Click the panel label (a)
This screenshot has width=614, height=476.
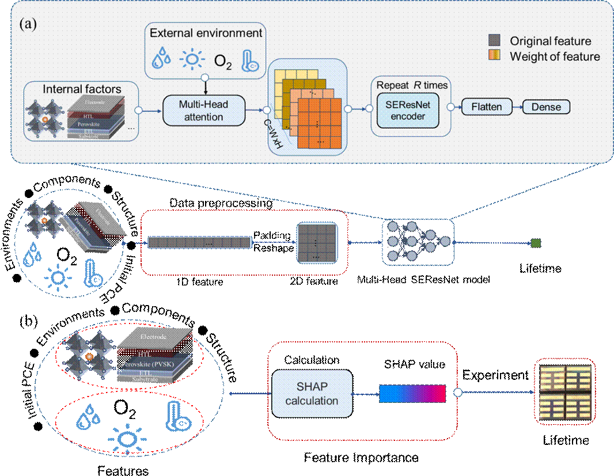29,25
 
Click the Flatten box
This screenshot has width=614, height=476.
487,106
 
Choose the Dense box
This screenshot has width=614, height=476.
546,106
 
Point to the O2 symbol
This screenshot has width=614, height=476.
223,60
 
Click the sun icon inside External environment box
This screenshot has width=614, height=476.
192,60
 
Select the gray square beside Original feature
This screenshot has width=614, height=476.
494,41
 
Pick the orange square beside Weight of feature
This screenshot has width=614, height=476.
494,56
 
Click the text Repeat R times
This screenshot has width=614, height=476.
412,85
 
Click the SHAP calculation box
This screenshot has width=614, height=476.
312,394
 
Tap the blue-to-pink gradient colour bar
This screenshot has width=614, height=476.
412,394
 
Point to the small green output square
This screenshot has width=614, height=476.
536,243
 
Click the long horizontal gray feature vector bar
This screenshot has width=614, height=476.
200,243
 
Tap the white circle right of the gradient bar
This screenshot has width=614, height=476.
458,394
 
